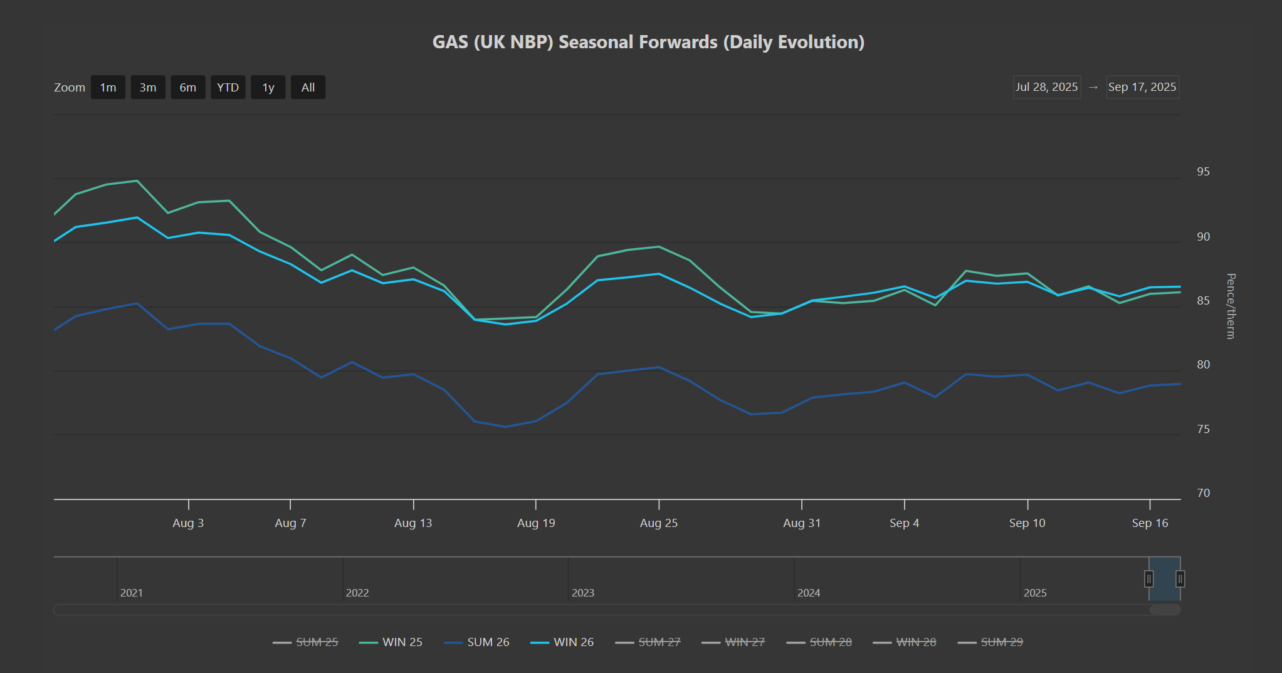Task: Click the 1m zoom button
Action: pyautogui.click(x=108, y=88)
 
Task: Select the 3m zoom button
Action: pyautogui.click(x=148, y=88)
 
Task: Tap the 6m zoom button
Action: pyautogui.click(x=188, y=88)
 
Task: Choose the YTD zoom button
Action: pyautogui.click(x=228, y=88)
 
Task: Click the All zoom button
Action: pyautogui.click(x=308, y=88)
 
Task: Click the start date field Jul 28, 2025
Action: pyautogui.click(x=1047, y=87)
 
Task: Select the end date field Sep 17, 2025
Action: pyautogui.click(x=1142, y=87)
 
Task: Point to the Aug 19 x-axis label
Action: pyautogui.click(x=536, y=523)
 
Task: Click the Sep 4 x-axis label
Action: pyautogui.click(x=904, y=523)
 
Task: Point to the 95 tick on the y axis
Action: pyautogui.click(x=1203, y=172)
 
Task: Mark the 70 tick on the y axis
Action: pyautogui.click(x=1203, y=493)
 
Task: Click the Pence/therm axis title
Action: pyautogui.click(x=1231, y=306)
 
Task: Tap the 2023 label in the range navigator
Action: pyautogui.click(x=583, y=593)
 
